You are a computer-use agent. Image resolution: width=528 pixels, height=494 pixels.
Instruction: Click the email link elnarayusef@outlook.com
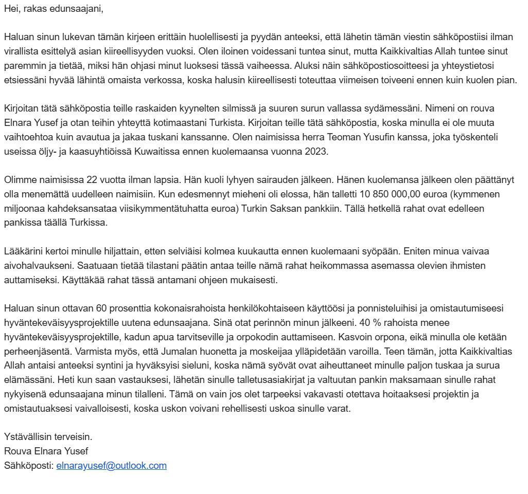click(x=111, y=466)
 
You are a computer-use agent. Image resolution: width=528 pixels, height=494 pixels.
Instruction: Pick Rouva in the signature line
click(x=17, y=451)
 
